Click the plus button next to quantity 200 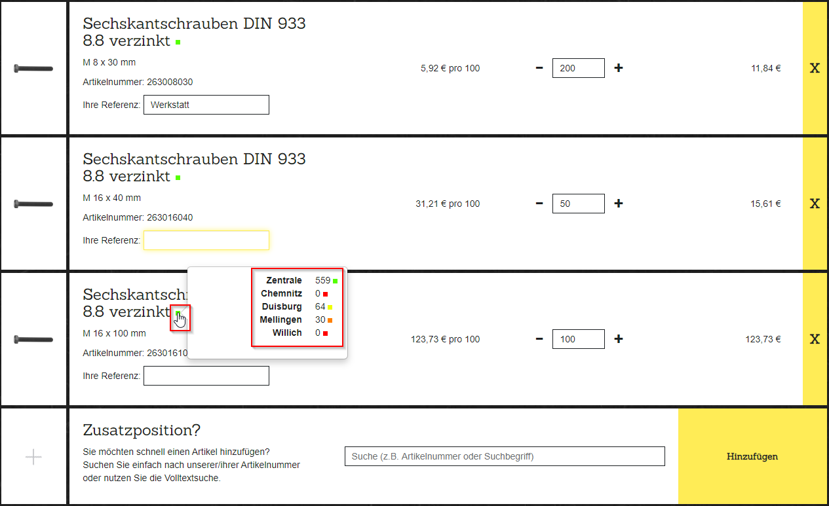click(619, 68)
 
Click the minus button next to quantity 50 click(539, 204)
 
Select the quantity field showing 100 click(579, 339)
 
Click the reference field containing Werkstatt click(206, 105)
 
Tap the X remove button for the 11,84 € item click(815, 68)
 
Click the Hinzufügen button click(752, 456)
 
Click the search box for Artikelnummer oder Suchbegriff click(505, 456)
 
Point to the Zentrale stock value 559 click(322, 281)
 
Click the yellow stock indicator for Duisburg click(330, 307)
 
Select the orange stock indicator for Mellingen click(330, 321)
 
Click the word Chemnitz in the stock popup click(281, 293)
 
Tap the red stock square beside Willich click(325, 333)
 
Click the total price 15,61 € click(765, 204)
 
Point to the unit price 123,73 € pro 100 click(445, 339)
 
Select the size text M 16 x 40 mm click(112, 198)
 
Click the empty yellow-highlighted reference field click(206, 240)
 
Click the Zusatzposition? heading click(142, 430)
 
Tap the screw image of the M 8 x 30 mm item click(33, 68)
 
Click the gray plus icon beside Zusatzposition click(33, 457)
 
